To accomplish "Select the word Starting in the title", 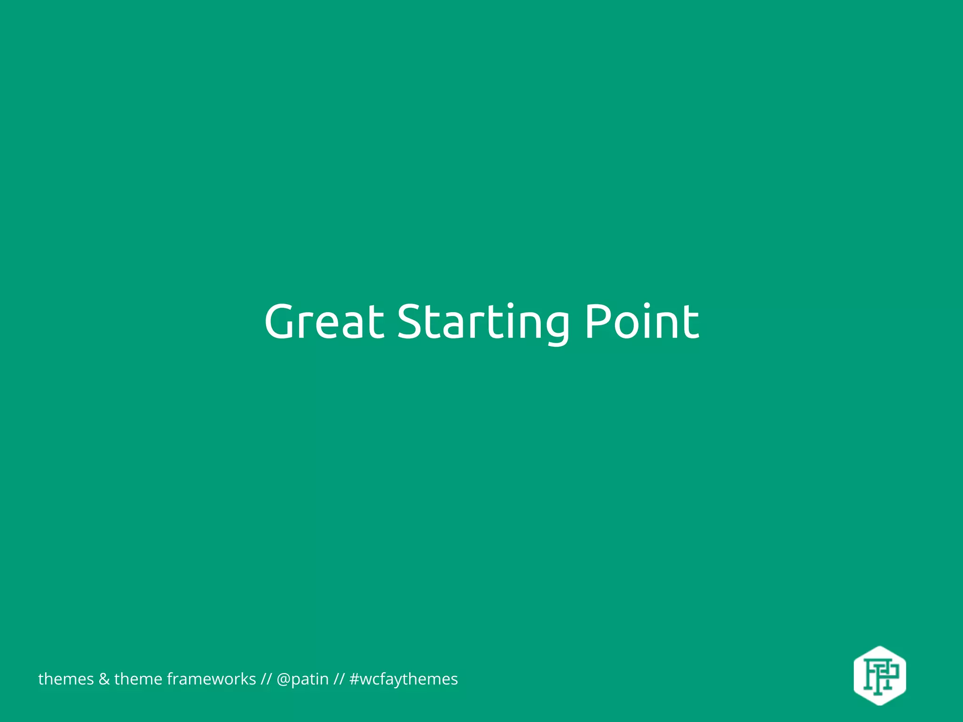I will (483, 322).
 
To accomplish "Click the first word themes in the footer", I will (66, 679).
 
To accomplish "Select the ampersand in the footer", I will (104, 679).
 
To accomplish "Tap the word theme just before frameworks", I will (138, 679).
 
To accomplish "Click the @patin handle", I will (302, 680).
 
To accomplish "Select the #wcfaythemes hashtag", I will (403, 680).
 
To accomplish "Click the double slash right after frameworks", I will (266, 679).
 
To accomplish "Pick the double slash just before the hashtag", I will (339, 679).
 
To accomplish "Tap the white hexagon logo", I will (880, 675).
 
